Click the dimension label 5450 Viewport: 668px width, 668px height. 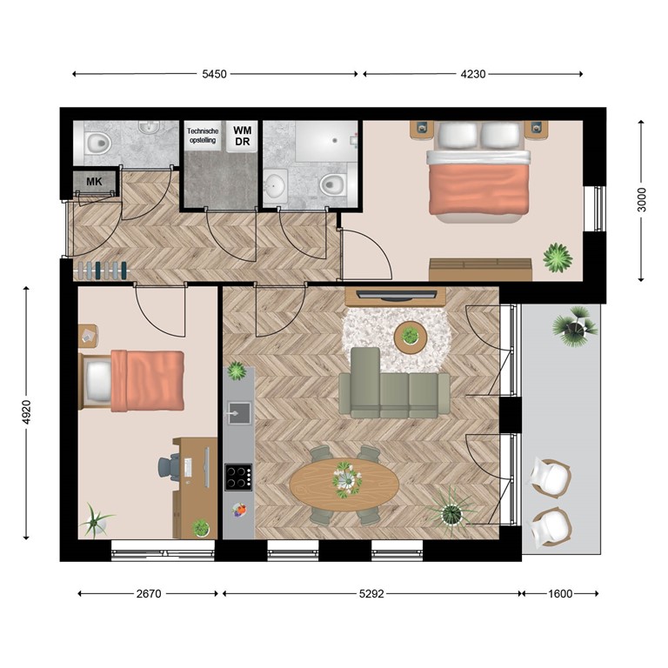click(214, 75)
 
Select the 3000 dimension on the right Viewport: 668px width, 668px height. click(641, 201)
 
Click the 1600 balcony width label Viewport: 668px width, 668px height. click(560, 594)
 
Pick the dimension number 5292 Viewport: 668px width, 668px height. click(371, 594)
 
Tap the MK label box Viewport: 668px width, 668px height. click(92, 182)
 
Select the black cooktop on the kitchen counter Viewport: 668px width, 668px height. click(238, 477)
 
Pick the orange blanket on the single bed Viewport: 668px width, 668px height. click(148, 378)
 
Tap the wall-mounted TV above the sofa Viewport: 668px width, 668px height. click(396, 295)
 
